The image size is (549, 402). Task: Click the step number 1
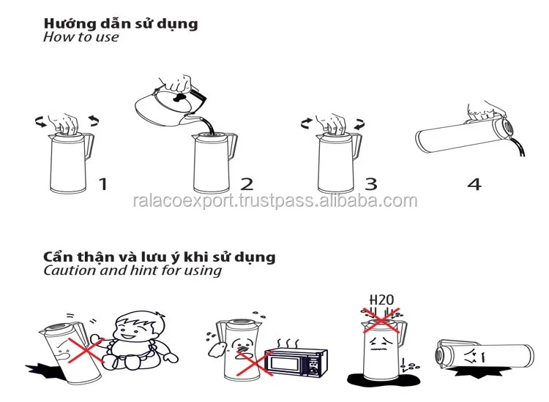click(103, 184)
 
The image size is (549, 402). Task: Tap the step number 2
click(247, 184)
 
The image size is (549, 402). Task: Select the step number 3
click(371, 184)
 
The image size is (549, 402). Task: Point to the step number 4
click(474, 184)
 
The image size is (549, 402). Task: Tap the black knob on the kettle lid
click(179, 97)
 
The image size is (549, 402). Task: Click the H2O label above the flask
click(381, 300)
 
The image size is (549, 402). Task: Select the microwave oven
click(296, 363)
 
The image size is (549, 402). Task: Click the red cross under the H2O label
click(381, 320)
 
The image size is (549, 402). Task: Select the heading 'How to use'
click(81, 37)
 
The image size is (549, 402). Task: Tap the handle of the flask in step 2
click(233, 145)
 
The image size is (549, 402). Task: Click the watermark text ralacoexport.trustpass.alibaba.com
click(274, 201)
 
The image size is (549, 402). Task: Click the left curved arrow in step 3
click(307, 123)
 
